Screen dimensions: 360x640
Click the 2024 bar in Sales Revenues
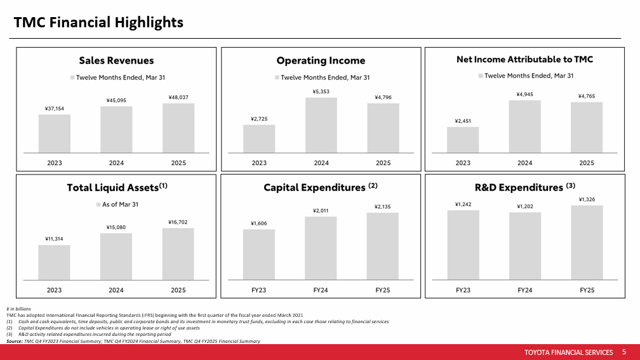coord(116,130)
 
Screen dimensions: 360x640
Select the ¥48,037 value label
coord(178,97)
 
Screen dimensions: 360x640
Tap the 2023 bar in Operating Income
coord(259,138)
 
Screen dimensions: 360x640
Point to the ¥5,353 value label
coord(321,91)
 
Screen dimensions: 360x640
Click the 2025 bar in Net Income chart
coord(587,127)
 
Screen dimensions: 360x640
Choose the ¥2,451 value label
coord(463,121)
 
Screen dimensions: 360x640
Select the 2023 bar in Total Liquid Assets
coord(54,262)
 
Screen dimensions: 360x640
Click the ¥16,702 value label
coord(178,222)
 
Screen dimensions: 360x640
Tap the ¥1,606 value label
coord(259,223)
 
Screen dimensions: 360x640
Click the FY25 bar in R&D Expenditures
coord(587,242)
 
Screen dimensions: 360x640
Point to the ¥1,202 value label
coord(524,206)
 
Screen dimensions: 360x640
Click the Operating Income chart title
coord(321,61)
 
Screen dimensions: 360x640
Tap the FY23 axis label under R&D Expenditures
coord(463,290)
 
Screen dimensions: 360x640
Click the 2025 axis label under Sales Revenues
coord(178,163)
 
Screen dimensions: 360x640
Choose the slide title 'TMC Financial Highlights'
coord(98,23)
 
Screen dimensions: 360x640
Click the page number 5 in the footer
coord(624,352)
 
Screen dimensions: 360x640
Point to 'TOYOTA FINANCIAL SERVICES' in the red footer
coord(569,352)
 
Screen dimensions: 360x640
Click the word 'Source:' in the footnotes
coord(15,341)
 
